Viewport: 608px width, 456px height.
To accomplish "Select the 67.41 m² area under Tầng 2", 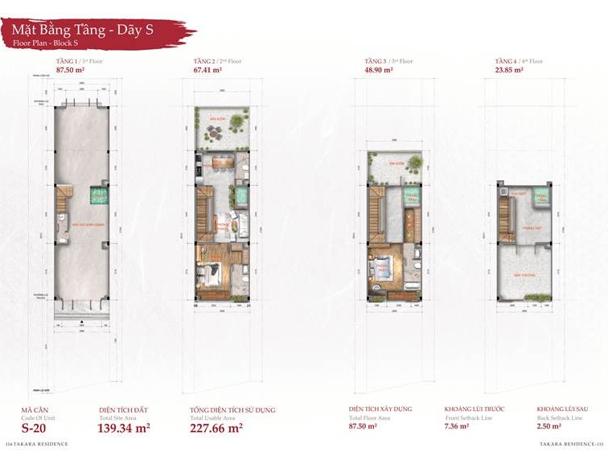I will tap(207, 70).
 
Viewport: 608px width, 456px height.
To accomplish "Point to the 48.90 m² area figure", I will tap(378, 70).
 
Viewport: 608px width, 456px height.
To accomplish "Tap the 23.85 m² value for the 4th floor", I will tap(508, 70).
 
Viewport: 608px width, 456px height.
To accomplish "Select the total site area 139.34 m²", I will tap(125, 428).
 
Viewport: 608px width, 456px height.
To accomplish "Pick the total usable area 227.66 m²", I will tap(216, 428).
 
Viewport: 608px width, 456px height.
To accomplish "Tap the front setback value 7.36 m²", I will tap(457, 427).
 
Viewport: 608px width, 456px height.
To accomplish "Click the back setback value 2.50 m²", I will tap(549, 427).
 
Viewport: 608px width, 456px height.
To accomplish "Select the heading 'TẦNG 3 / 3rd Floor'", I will tap(388, 61).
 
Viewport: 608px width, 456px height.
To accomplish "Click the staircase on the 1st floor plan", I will tap(64, 194).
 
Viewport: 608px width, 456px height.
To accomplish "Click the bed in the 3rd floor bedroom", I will tap(380, 270).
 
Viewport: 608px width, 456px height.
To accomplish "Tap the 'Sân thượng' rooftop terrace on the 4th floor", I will tap(524, 274).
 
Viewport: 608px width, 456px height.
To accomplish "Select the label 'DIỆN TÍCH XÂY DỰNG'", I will tap(380, 409).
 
